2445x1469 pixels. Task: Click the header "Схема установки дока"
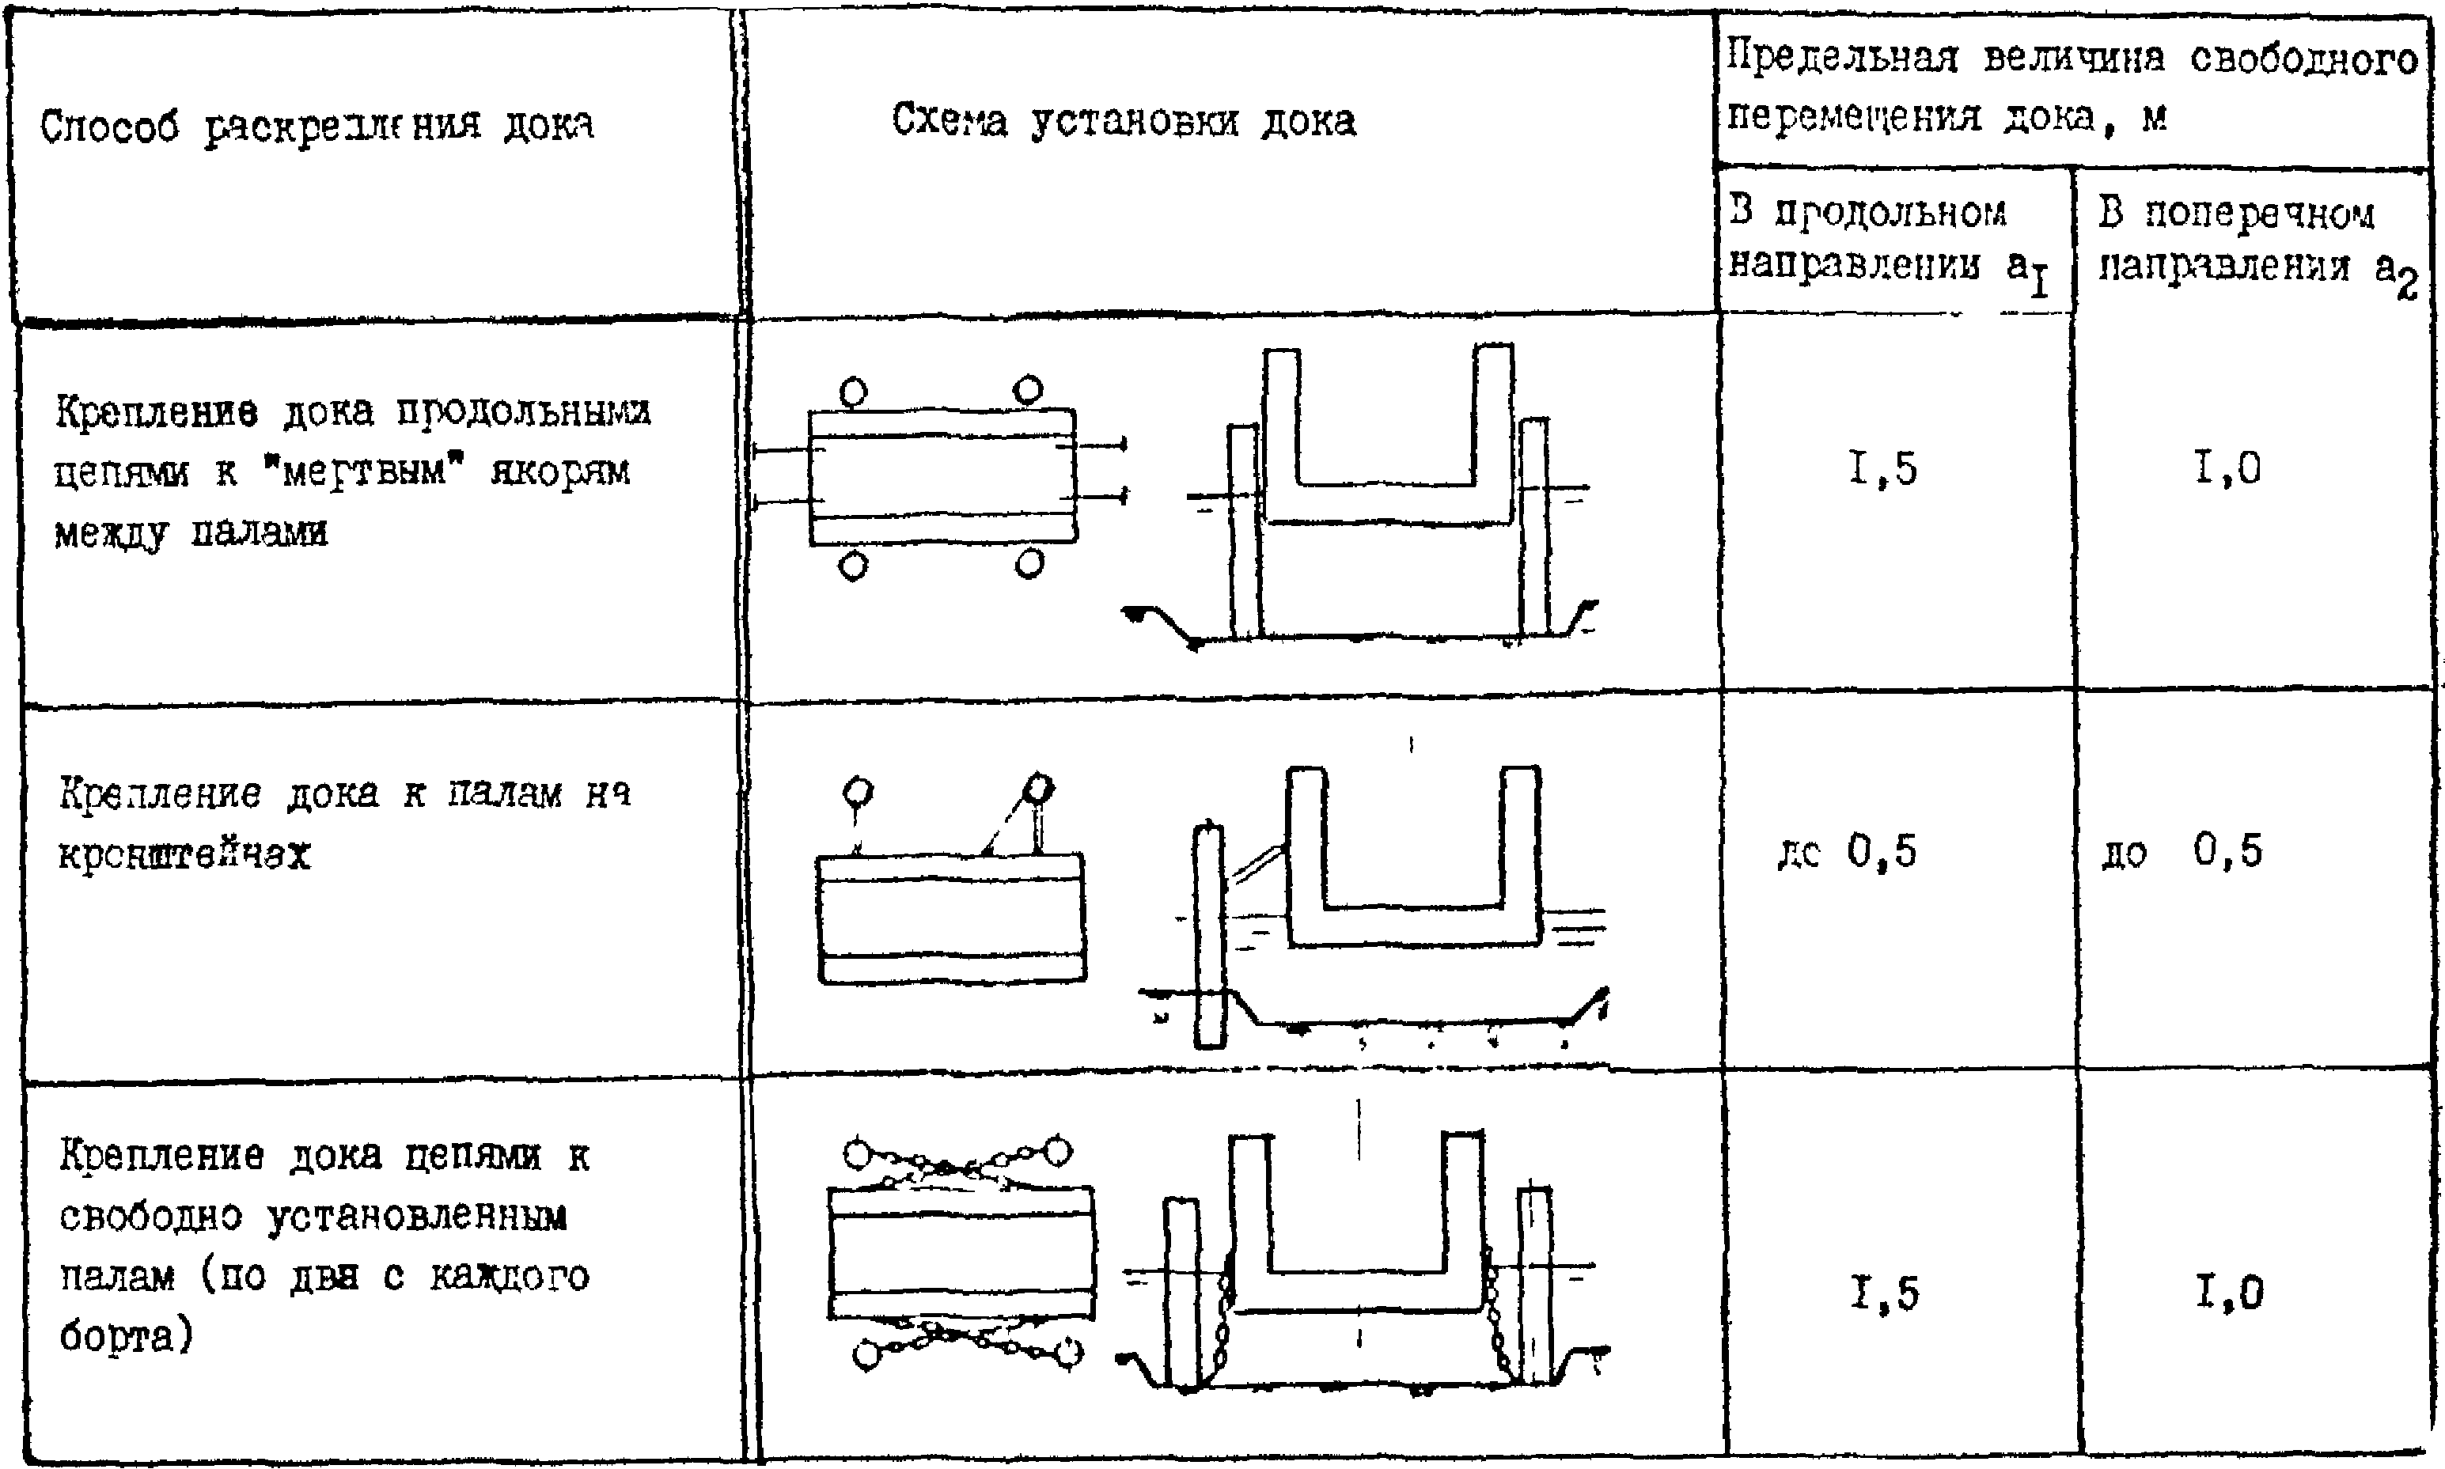1124,123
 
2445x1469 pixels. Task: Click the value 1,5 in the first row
1882,469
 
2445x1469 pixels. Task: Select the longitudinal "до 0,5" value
1847,852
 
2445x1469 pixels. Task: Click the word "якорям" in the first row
560,472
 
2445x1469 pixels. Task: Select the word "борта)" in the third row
126,1338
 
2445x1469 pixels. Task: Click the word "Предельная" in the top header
1841,59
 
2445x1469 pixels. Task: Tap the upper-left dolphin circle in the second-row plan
857,792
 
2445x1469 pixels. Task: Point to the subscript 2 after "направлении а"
2407,287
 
